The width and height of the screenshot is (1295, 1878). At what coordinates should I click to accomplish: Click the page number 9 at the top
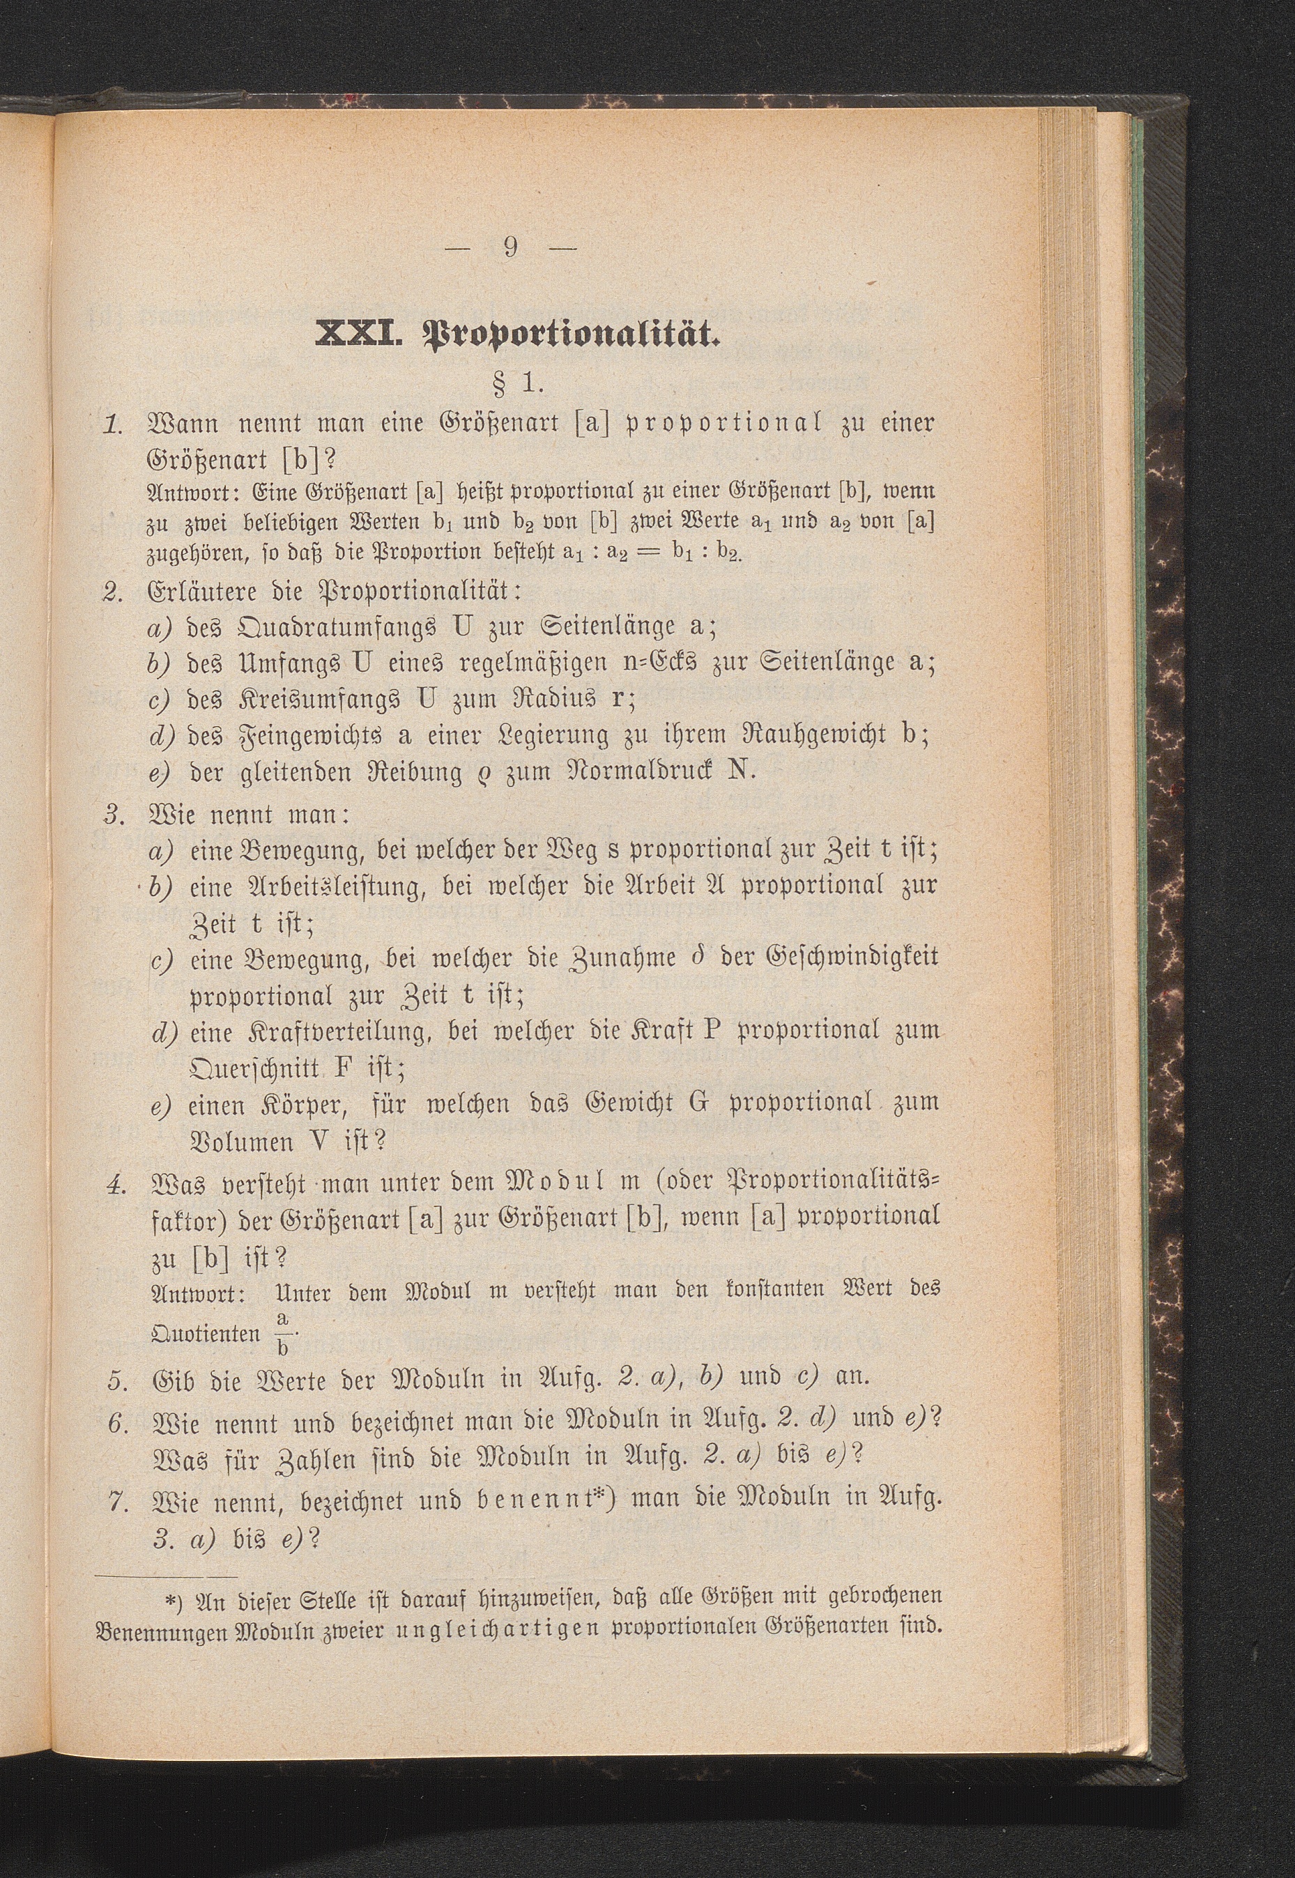[x=509, y=246]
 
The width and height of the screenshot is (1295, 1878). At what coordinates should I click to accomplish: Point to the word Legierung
[x=554, y=735]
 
